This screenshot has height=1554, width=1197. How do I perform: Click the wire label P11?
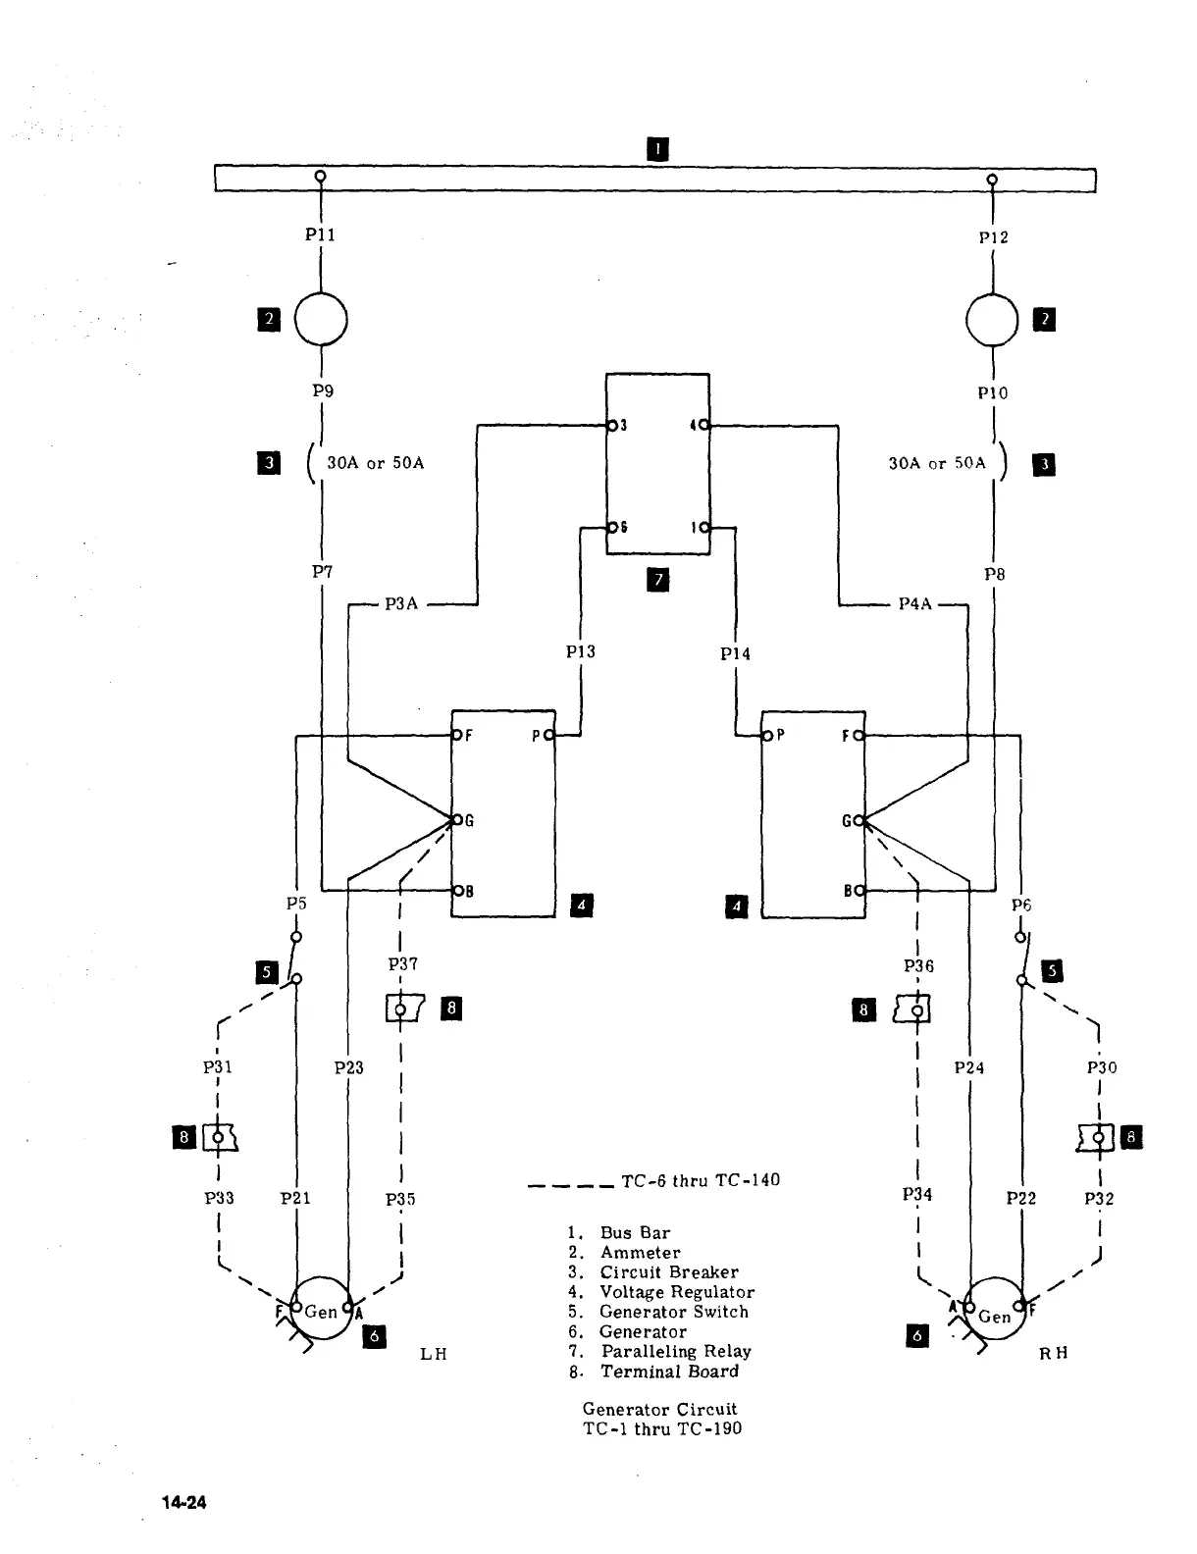pyautogui.click(x=320, y=234)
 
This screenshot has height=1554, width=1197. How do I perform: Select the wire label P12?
pyautogui.click(x=993, y=237)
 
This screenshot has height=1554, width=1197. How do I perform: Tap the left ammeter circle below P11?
pyautogui.click(x=321, y=319)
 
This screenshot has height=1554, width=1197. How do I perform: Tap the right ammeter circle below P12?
pyautogui.click(x=993, y=320)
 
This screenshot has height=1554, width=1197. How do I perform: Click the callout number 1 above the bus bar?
pyautogui.click(x=657, y=149)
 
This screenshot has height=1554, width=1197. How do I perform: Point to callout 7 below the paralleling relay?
pyautogui.click(x=658, y=580)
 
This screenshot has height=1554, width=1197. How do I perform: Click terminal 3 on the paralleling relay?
pyautogui.click(x=612, y=426)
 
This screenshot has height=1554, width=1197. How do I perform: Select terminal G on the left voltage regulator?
pyautogui.click(x=455, y=819)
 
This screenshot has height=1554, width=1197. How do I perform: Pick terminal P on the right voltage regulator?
pyautogui.click(x=767, y=735)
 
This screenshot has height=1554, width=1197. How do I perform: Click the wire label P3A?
pyautogui.click(x=401, y=604)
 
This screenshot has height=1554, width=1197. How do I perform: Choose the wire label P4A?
pyautogui.click(x=914, y=604)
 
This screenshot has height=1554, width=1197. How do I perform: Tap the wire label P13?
pyautogui.click(x=581, y=651)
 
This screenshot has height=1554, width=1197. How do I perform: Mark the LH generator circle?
pyautogui.click(x=322, y=1309)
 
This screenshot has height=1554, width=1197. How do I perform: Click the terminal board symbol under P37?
pyautogui.click(x=404, y=1009)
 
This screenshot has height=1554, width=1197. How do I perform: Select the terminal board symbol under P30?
pyautogui.click(x=1096, y=1138)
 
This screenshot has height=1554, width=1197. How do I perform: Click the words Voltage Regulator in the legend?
pyautogui.click(x=677, y=1292)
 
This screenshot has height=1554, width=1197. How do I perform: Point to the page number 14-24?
pyautogui.click(x=185, y=1503)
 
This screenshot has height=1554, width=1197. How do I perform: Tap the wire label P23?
pyautogui.click(x=349, y=1067)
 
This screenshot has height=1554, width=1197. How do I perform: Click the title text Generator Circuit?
pyautogui.click(x=659, y=1409)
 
